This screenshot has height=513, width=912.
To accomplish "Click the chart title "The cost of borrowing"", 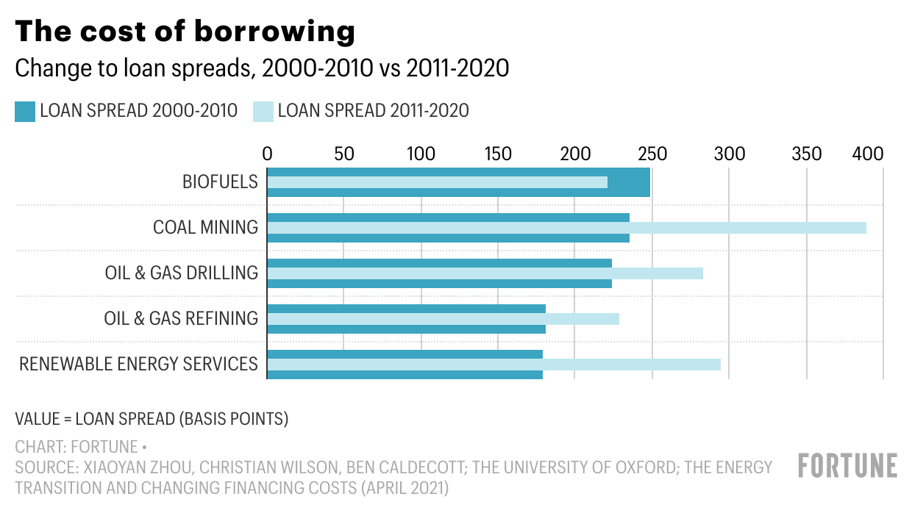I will click(185, 31).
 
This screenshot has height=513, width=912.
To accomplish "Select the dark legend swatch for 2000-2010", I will click(25, 112).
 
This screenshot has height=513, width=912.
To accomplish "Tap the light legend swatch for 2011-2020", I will click(263, 112).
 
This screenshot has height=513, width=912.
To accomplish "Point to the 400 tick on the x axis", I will click(867, 154).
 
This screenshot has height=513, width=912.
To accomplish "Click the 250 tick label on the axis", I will click(652, 154).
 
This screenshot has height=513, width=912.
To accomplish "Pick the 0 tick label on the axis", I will click(267, 154).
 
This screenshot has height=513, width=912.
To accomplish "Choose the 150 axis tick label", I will click(498, 154).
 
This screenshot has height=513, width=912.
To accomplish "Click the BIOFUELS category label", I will click(220, 182).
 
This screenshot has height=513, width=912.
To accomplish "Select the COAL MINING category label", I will click(205, 227).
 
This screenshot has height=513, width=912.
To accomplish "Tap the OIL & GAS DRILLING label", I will click(181, 273).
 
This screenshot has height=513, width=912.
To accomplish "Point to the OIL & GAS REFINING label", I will click(181, 318).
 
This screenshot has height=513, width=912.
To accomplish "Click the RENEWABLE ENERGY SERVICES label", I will click(138, 364).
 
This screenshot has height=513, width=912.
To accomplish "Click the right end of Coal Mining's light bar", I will click(865, 228).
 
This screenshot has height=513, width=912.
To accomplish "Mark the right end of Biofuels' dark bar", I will click(649, 182).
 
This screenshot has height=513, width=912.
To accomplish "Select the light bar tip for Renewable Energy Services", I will click(719, 365).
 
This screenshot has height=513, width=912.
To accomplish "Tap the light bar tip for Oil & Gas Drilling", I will click(702, 273).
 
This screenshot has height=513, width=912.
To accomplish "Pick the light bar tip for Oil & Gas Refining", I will click(618, 319).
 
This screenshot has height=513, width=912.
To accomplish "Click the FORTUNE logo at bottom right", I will click(847, 466).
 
